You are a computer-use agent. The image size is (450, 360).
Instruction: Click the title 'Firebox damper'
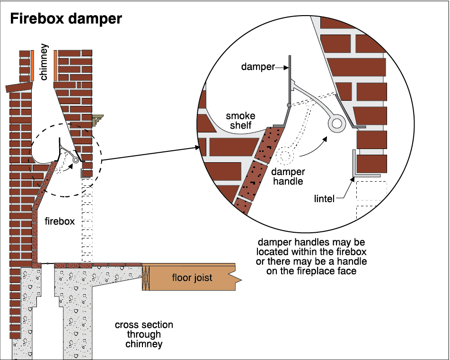pos(66,19)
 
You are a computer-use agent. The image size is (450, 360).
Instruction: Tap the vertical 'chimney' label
pos(44,62)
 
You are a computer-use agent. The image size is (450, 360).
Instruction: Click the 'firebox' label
pos(60,221)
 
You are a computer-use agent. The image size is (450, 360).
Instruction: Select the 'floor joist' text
pos(192,277)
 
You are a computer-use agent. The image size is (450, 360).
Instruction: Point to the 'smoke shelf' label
pos(240,121)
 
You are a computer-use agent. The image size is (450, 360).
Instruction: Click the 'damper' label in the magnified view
pos(258,67)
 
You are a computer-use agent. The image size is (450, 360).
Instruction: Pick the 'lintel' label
pos(324,199)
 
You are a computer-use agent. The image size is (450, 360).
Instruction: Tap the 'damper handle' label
pos(288,176)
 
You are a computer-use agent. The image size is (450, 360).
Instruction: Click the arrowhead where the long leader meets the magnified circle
pos(197,148)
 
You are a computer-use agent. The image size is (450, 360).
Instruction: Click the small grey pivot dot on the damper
pos(289,105)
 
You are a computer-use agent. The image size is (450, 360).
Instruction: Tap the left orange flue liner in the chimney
pos(33,66)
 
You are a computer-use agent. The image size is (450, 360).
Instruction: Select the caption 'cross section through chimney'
pos(144,334)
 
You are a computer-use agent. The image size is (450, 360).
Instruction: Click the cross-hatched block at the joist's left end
pos(146,278)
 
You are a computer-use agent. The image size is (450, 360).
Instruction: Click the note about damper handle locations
pos(311,256)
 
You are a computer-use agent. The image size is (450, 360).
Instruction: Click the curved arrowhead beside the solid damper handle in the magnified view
pos(325,139)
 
